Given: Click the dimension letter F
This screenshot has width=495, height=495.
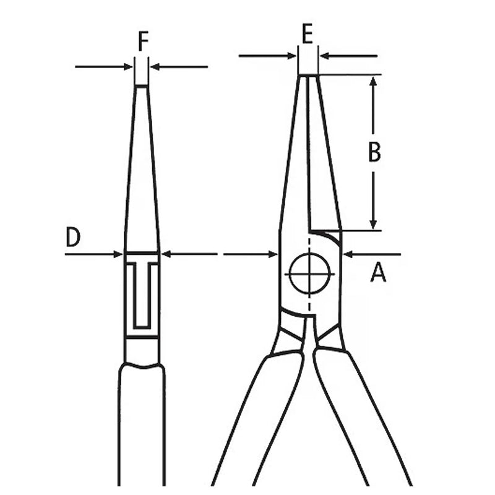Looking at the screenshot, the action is pyautogui.click(x=144, y=41).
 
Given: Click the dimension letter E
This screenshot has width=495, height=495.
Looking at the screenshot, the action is pyautogui.click(x=307, y=33).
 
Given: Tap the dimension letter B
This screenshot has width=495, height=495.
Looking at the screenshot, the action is pyautogui.click(x=374, y=152).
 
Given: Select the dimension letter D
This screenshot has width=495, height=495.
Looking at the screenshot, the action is pyautogui.click(x=73, y=237).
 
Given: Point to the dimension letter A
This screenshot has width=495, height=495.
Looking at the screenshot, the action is pyautogui.click(x=378, y=273).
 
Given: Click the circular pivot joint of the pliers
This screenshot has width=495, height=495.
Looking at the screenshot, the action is pyautogui.click(x=309, y=273).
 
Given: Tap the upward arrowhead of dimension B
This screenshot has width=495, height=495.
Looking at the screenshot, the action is pyautogui.click(x=373, y=81).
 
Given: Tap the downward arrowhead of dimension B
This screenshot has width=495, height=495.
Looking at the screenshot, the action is pyautogui.click(x=373, y=225).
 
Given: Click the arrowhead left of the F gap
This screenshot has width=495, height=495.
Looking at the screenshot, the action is pyautogui.click(x=127, y=67).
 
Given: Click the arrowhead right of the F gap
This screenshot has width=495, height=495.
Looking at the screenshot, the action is pyautogui.click(x=155, y=67).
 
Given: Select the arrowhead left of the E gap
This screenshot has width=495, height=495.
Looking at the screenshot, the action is pyautogui.click(x=291, y=56).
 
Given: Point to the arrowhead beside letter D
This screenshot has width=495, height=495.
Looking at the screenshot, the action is pyautogui.click(x=118, y=254).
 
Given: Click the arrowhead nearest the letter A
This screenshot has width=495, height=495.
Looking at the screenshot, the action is pyautogui.click(x=348, y=254).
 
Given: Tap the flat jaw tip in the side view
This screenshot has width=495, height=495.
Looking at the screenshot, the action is pyautogui.click(x=142, y=85).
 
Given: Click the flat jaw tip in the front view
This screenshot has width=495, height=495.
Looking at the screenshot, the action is pyautogui.click(x=308, y=75).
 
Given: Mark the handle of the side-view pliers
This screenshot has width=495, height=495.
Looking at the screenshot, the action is pyautogui.click(x=142, y=424).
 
